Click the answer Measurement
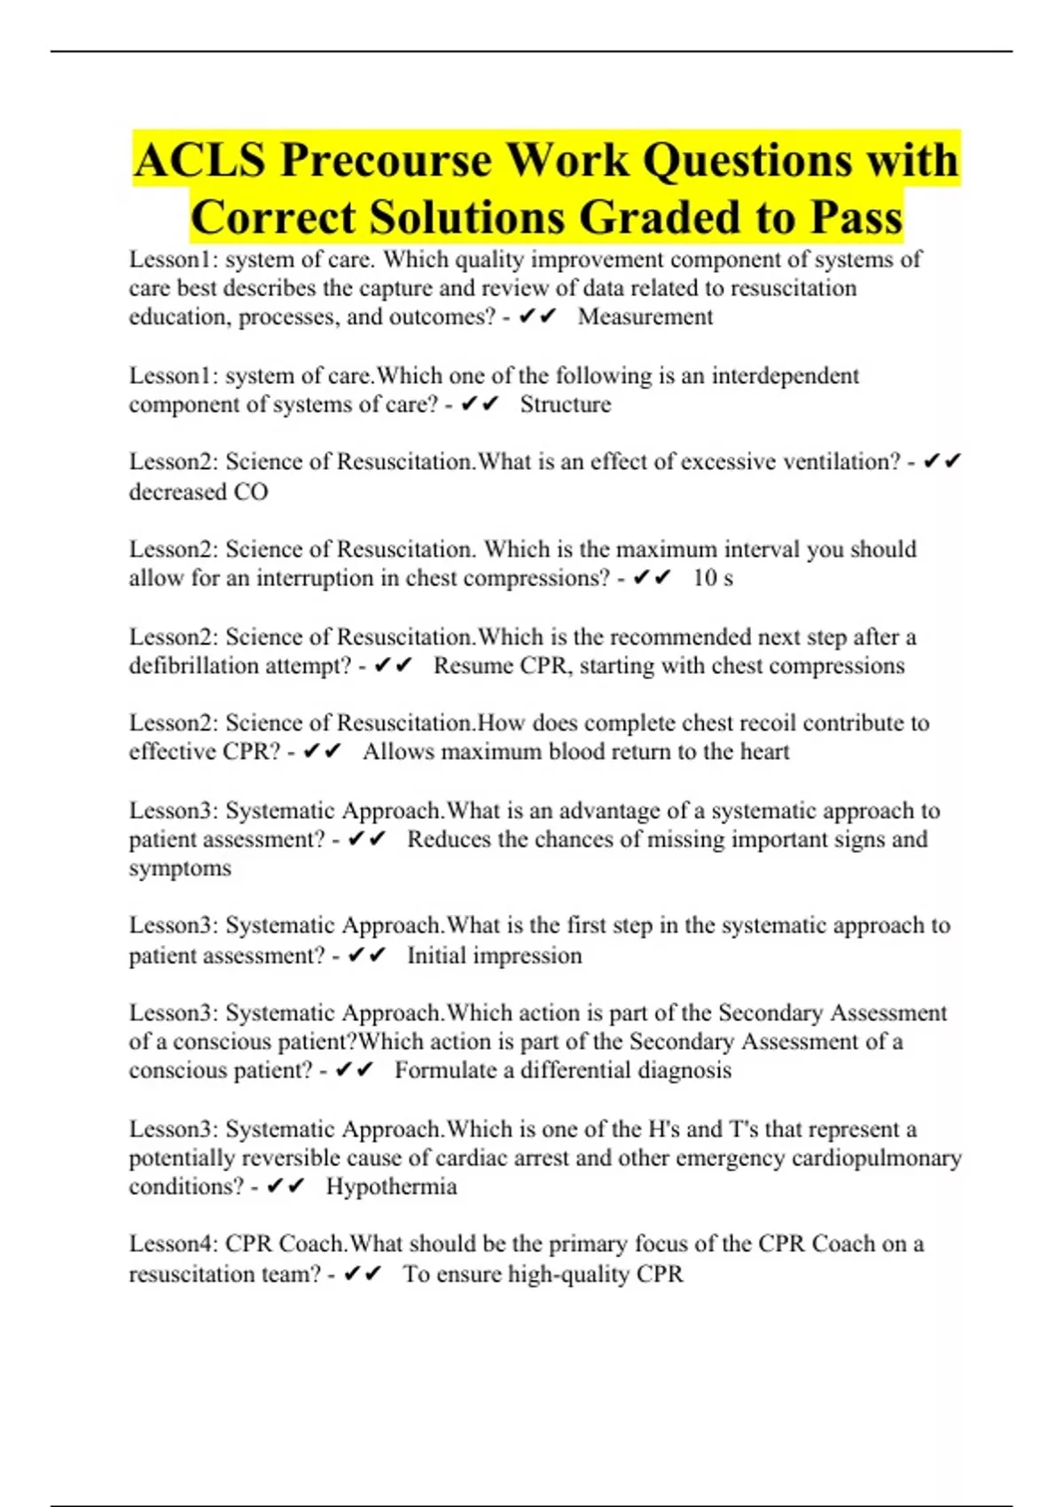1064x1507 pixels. click(645, 317)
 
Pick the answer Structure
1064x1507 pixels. click(565, 404)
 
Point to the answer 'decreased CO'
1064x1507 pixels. click(198, 492)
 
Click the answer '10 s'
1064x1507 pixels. click(713, 578)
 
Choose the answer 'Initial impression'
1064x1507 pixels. click(494, 956)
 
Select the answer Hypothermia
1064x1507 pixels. click(391, 1186)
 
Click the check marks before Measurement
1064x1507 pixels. click(536, 316)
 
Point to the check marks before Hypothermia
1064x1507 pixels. click(286, 1186)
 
